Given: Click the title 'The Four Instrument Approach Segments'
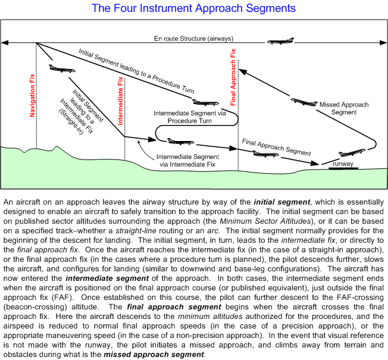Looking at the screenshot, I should pos(194,8).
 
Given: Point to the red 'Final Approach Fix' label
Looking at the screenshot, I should pos(233,69).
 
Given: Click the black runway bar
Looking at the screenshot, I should pos(343,168).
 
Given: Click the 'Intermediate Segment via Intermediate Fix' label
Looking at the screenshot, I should pos(185,161).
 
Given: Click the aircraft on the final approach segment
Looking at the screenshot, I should pos(264,154).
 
